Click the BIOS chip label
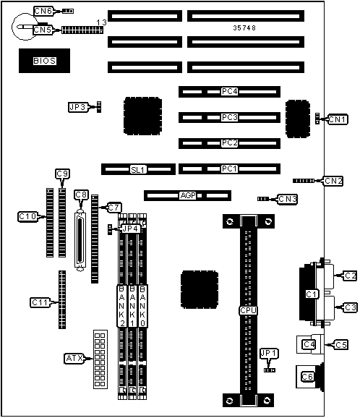(x=45, y=61)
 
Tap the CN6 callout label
(x=44, y=11)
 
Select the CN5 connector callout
(x=43, y=30)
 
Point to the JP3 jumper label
(x=78, y=107)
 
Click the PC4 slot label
(x=229, y=91)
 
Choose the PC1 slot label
(x=229, y=169)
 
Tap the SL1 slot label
(x=138, y=169)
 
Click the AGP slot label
(x=188, y=195)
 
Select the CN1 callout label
(x=338, y=119)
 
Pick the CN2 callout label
(x=333, y=181)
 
